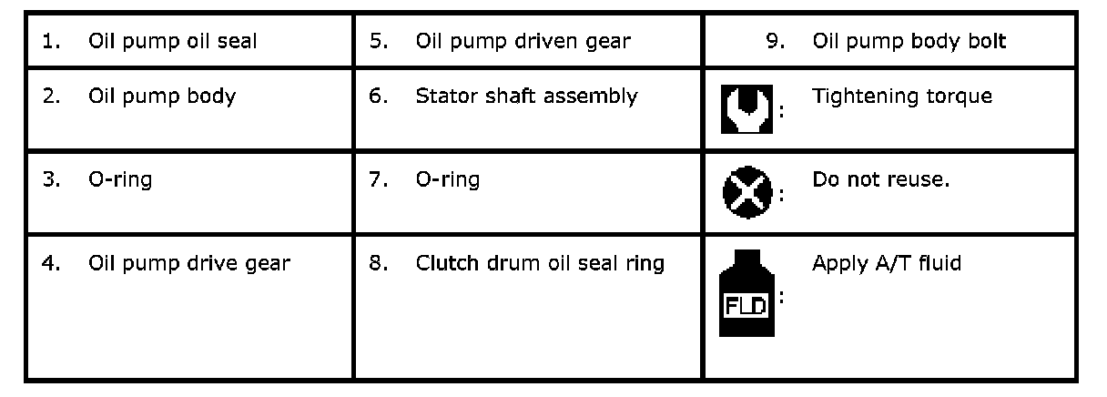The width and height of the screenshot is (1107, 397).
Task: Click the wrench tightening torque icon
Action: click(x=746, y=108)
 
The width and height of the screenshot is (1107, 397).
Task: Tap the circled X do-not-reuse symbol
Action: click(x=747, y=192)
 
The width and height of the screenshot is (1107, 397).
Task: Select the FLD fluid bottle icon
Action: click(x=746, y=293)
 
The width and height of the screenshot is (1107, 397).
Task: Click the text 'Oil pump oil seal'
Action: click(x=172, y=41)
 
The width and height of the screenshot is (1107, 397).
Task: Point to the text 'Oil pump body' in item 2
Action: click(x=162, y=97)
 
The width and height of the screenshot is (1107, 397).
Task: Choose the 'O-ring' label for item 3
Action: click(x=120, y=179)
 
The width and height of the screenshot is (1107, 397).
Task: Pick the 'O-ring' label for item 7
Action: click(x=448, y=179)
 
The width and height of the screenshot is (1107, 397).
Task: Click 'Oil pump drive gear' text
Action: click(x=189, y=263)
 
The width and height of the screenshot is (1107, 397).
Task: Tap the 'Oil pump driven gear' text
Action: click(x=523, y=41)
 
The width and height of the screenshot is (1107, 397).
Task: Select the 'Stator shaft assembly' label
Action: click(x=527, y=97)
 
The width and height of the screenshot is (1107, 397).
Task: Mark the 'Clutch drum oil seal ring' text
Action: click(x=540, y=263)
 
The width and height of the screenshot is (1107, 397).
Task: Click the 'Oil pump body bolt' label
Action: click(x=909, y=41)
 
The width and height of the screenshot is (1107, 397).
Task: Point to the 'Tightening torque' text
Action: click(x=902, y=97)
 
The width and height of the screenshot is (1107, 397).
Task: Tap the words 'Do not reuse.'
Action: click(x=881, y=179)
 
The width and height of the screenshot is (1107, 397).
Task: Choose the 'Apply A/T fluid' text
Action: click(x=887, y=263)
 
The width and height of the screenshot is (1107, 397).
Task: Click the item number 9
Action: click(x=776, y=41)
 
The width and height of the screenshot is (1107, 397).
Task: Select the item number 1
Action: click(x=51, y=41)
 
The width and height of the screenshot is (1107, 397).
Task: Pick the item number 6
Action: click(x=379, y=96)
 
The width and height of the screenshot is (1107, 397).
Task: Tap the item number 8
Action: click(x=379, y=263)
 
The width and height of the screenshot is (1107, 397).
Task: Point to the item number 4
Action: click(x=51, y=263)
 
